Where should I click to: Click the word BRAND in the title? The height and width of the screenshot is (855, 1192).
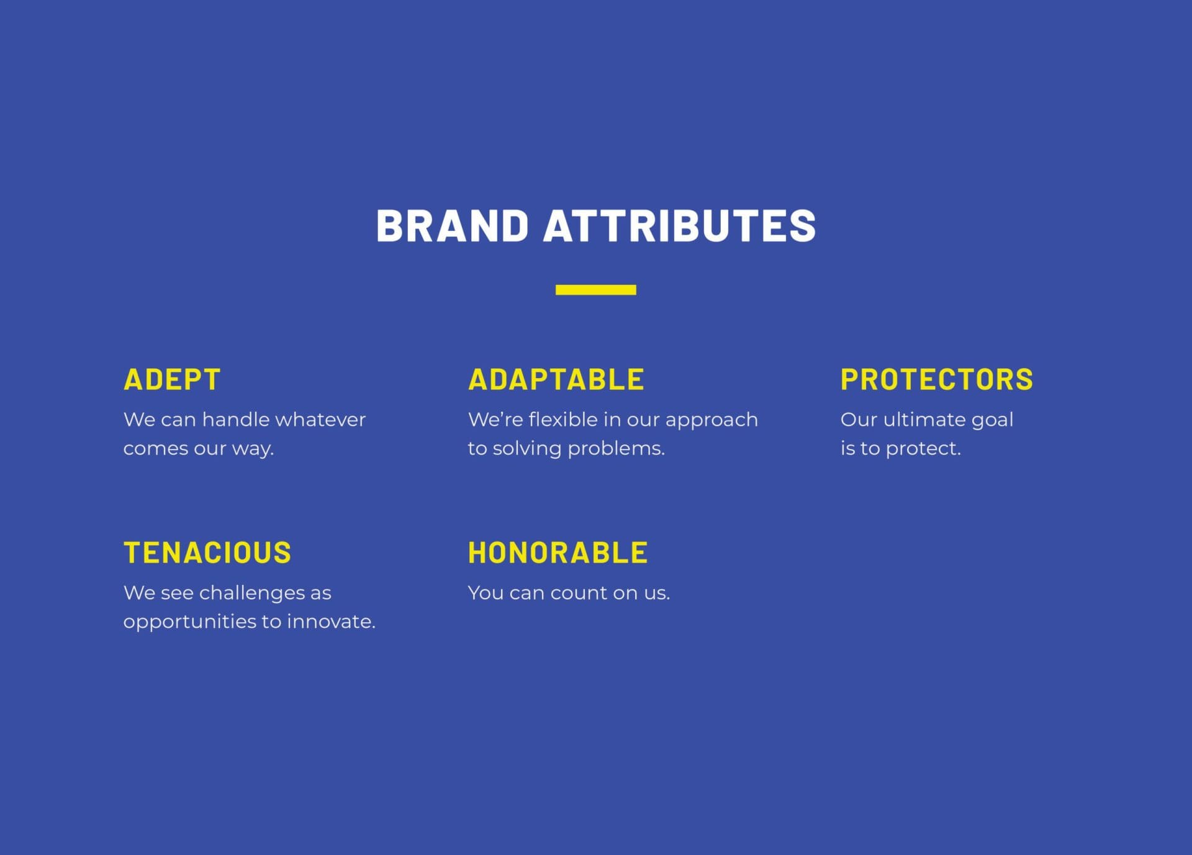[452, 225]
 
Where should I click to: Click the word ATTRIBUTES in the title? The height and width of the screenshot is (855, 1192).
[679, 225]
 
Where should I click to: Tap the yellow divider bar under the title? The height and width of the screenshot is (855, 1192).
[595, 290]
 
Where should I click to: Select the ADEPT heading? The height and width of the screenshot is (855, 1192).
[172, 379]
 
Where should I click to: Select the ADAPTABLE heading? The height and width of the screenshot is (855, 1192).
[556, 379]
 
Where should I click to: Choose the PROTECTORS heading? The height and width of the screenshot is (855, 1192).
[936, 379]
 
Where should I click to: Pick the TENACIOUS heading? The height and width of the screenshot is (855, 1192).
[207, 553]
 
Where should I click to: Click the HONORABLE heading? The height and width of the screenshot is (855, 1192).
[558, 553]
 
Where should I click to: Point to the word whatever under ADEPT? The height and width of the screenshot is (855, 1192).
[320, 420]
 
